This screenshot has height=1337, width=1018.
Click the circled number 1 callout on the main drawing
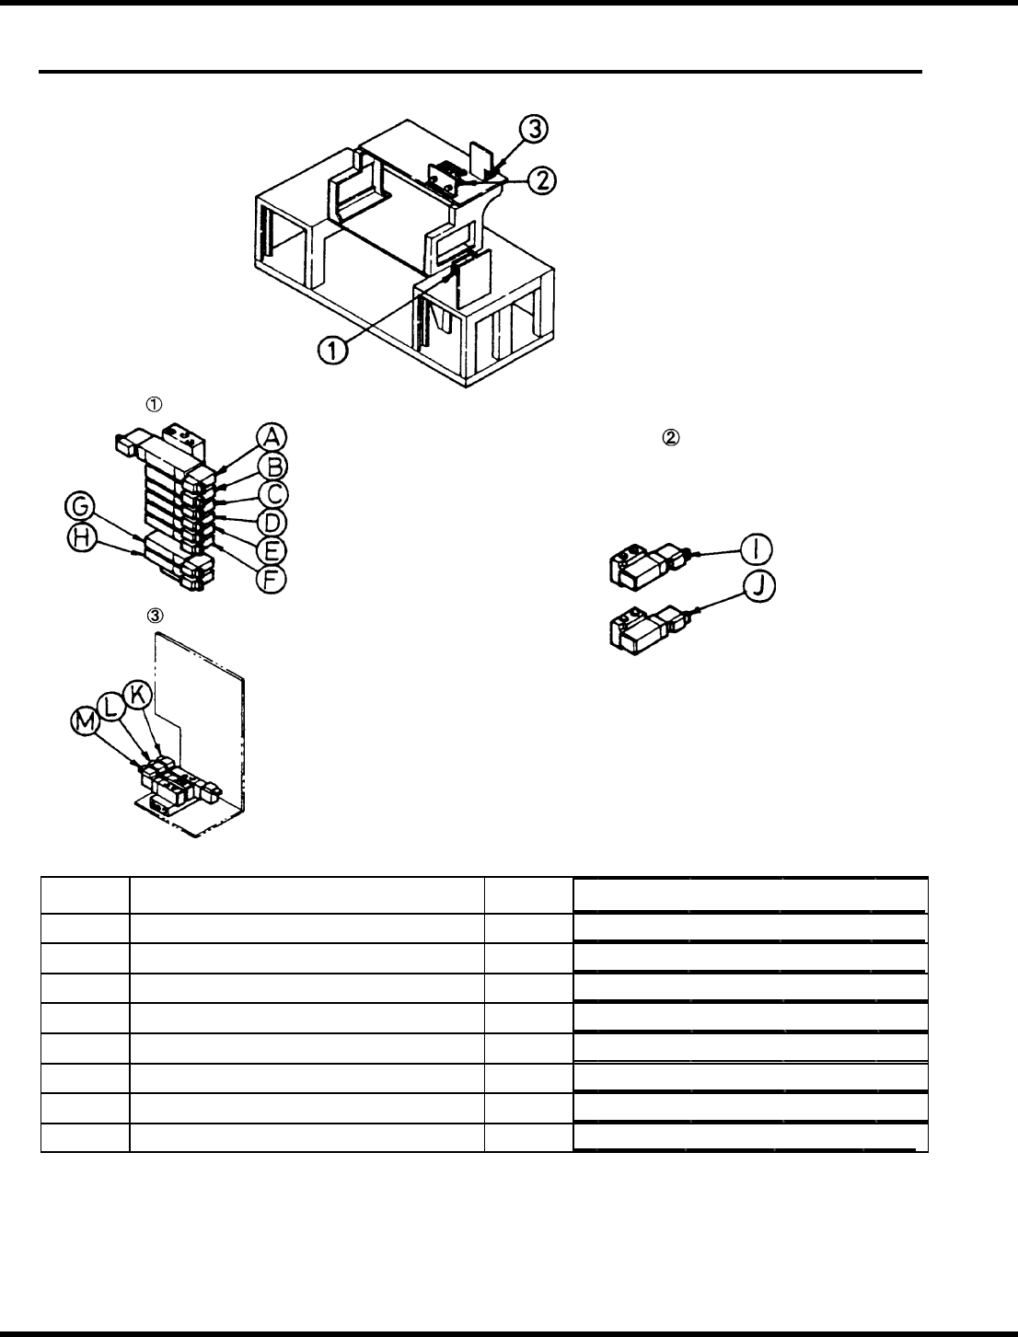coord(333,350)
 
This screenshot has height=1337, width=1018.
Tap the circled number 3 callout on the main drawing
coord(533,131)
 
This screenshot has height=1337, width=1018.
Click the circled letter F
coord(272,580)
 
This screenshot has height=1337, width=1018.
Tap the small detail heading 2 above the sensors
coord(670,439)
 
